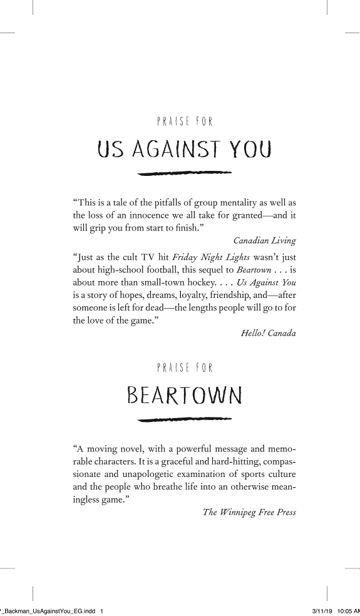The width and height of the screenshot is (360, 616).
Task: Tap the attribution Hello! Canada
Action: pyautogui.click(x=269, y=333)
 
